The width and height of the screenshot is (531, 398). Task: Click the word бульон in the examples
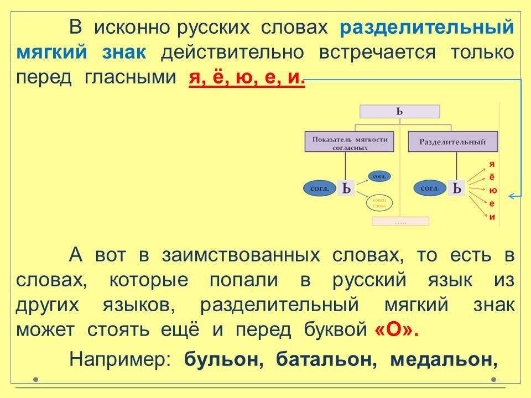click(x=222, y=359)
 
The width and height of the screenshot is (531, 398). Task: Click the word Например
click(x=119, y=359)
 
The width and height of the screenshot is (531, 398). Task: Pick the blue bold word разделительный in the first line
click(x=427, y=27)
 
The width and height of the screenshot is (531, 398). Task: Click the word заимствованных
click(x=241, y=255)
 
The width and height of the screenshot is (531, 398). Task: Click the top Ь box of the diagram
click(x=399, y=112)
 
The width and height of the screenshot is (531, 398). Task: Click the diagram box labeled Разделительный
click(x=452, y=142)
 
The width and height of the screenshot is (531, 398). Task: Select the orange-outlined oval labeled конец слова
click(x=379, y=203)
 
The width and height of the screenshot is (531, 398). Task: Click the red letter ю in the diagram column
click(x=492, y=191)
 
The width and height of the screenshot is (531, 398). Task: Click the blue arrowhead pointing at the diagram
click(x=512, y=196)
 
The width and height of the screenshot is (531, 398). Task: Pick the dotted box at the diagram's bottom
click(x=400, y=221)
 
